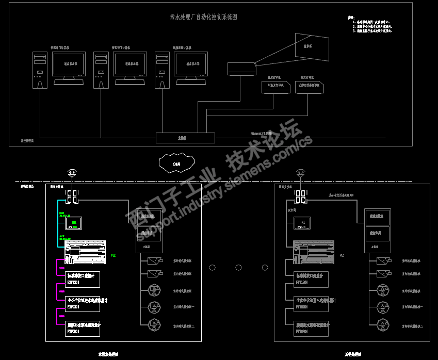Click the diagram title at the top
pos(204,17)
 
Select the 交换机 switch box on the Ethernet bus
pos(185,138)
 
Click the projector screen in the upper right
pos(312,46)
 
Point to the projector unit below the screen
pos(241,69)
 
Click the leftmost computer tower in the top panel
pos(40,70)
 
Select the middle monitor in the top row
pos(129,65)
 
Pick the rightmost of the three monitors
pos(191,65)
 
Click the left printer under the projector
pos(275,88)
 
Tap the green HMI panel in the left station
pos(74,223)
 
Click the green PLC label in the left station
pos(113,255)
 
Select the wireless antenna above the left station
pos(72,173)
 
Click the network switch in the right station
pos(300,197)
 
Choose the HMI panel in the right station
pos(302,223)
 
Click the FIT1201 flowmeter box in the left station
pos(83,279)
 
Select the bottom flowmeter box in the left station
pos(83,329)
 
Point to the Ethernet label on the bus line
pos(261,133)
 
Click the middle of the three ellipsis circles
pos(238,267)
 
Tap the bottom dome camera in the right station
pos(383,324)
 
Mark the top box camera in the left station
pos(154,260)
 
